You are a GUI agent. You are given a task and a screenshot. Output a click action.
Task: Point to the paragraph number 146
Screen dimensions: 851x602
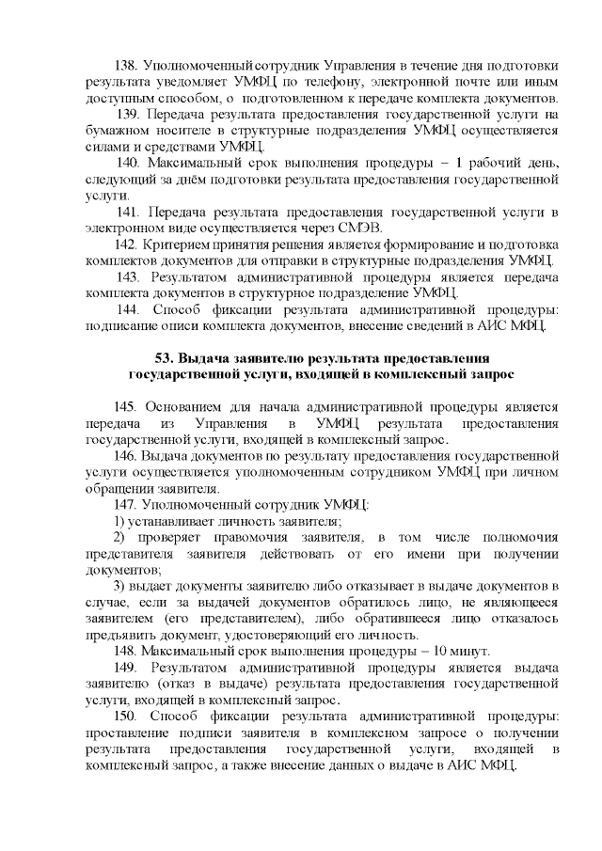pos(125,456)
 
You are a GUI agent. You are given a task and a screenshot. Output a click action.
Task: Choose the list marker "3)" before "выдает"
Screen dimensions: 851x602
pos(119,586)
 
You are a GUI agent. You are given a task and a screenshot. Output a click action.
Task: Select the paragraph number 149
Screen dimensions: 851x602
pos(126,667)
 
